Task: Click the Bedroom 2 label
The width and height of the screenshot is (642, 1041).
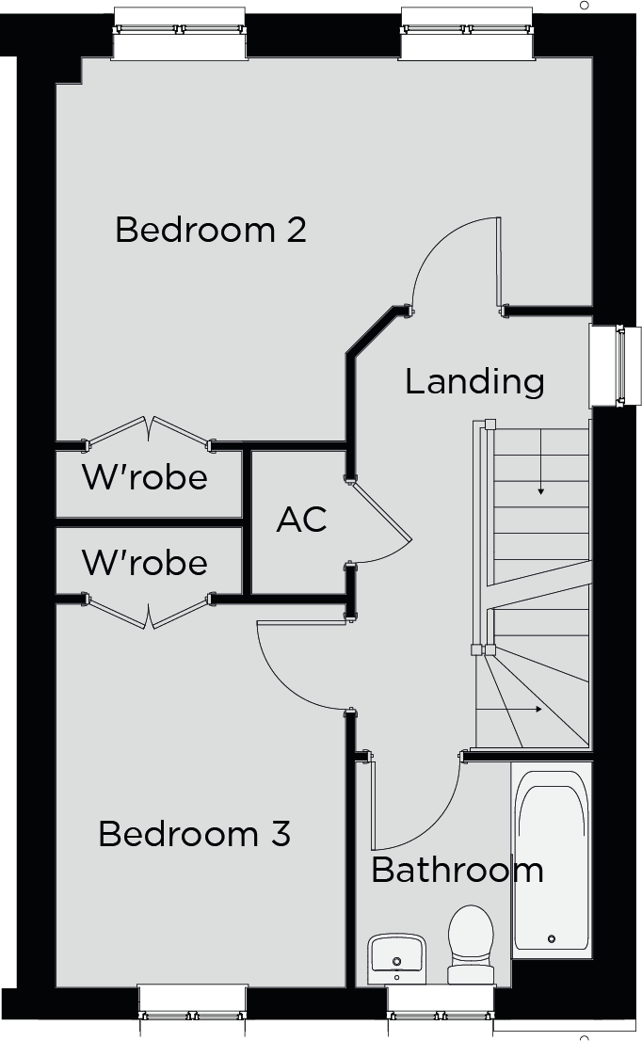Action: (x=211, y=230)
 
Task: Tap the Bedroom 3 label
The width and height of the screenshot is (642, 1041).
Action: (x=195, y=834)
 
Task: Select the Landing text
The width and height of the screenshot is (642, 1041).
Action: (x=474, y=382)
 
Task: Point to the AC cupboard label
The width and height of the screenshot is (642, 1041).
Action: (x=301, y=520)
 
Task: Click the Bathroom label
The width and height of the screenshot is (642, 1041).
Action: (x=457, y=870)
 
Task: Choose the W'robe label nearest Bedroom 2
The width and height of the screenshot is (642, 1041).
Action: (x=145, y=477)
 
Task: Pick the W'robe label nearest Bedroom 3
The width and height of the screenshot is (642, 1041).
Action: (x=145, y=562)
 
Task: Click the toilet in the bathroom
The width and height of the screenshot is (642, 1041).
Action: (x=471, y=944)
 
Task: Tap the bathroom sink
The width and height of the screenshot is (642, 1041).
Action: (x=397, y=959)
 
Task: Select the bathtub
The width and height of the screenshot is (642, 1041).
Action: (x=551, y=860)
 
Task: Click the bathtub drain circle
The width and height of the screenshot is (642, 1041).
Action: (x=551, y=938)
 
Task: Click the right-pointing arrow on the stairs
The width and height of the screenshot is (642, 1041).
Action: (x=509, y=710)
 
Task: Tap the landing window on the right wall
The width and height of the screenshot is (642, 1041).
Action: (x=607, y=365)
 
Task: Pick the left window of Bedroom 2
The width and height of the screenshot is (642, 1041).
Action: (x=180, y=33)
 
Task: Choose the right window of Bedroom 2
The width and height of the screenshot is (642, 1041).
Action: (x=468, y=33)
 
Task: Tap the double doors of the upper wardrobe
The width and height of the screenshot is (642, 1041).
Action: (x=149, y=430)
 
